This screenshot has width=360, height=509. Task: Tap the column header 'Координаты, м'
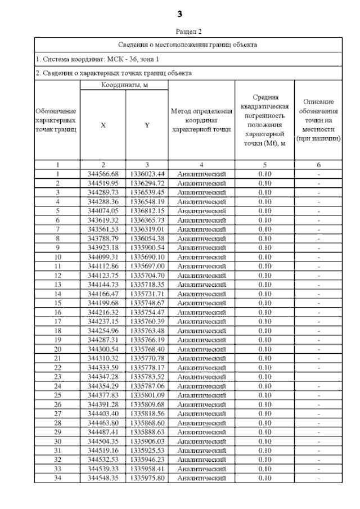[x=124, y=84]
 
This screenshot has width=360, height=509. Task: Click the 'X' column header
[x=103, y=125]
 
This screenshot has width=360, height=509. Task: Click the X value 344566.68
[x=103, y=174]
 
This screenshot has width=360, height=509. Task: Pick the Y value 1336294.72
[x=147, y=183]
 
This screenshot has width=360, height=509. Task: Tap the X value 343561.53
[x=103, y=229]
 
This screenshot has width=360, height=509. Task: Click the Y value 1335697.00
[x=147, y=266]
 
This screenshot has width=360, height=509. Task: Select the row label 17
[x=57, y=321]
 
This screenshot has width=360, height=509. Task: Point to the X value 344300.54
[x=103, y=349]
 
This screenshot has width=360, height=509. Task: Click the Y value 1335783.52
[x=147, y=376]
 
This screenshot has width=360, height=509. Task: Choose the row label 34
[x=57, y=478]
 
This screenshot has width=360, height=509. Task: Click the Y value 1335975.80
[x=147, y=478]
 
